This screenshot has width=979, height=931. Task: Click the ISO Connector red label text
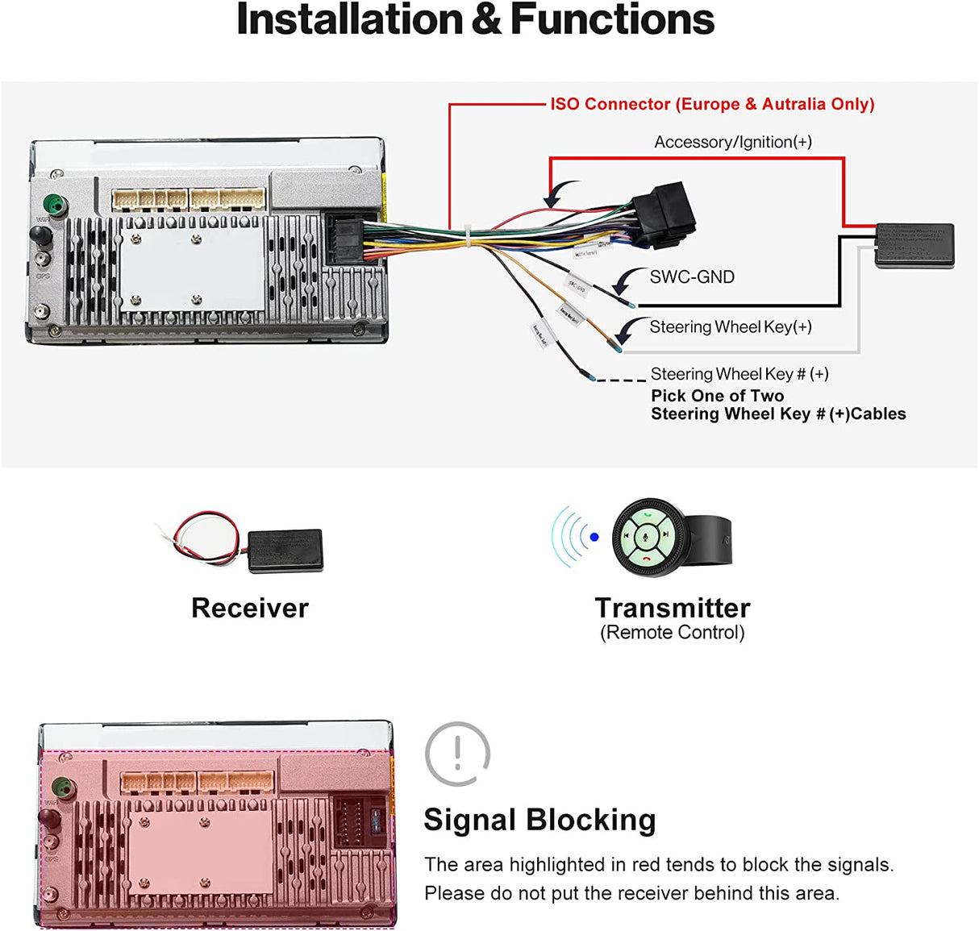point(712,104)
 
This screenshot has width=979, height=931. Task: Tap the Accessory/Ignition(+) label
point(732,143)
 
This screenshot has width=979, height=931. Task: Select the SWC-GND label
point(692,277)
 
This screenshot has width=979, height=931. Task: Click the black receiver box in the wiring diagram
point(914,245)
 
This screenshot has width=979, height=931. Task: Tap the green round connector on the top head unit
point(53,204)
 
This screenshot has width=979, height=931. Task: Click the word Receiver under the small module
point(250,608)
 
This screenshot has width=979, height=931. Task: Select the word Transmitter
point(673,608)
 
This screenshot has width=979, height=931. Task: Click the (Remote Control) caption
point(673,633)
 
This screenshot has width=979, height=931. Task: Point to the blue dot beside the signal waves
point(594,537)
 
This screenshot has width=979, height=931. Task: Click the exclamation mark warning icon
point(457,754)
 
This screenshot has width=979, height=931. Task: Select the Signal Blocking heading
point(539,820)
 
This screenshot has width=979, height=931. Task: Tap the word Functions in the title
point(612,19)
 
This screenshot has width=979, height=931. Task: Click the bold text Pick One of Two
point(717,396)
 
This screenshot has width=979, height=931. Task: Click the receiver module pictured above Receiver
point(285,551)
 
